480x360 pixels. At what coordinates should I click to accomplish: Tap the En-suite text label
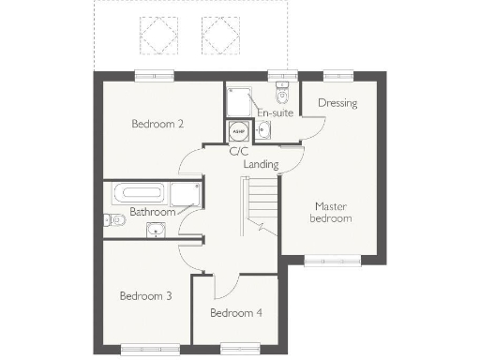pyautogui.click(x=276, y=113)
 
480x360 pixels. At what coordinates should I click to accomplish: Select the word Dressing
pyautogui.click(x=337, y=103)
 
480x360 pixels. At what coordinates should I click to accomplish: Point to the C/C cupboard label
pyautogui.click(x=238, y=150)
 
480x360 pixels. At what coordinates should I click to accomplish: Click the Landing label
pyautogui.click(x=261, y=164)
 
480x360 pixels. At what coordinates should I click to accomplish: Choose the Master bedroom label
pyautogui.click(x=333, y=212)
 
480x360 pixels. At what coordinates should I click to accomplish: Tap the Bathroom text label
pyautogui.click(x=153, y=212)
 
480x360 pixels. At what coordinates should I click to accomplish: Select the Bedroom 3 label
pyautogui.click(x=145, y=296)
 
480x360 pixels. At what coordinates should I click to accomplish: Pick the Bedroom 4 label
pyautogui.click(x=235, y=313)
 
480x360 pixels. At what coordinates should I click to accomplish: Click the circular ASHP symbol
pyautogui.click(x=237, y=132)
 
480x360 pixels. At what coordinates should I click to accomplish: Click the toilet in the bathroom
pyautogui.click(x=110, y=220)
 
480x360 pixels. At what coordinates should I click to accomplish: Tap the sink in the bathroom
pyautogui.click(x=153, y=228)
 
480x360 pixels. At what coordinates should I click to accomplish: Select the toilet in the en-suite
pyautogui.click(x=281, y=94)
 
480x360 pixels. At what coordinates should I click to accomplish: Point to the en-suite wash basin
pyautogui.click(x=262, y=130)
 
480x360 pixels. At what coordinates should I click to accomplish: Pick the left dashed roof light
pyautogui.click(x=153, y=35)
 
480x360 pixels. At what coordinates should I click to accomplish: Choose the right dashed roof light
pyautogui.click(x=218, y=35)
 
